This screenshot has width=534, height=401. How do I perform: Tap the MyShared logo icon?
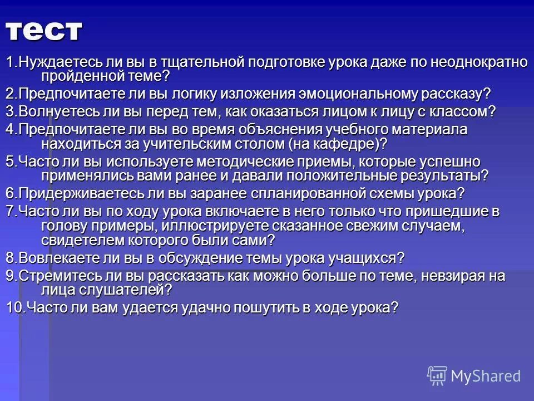coord(437,375)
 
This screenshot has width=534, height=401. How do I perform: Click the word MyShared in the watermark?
coord(486,376)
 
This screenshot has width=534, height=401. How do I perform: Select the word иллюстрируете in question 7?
coord(220,226)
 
